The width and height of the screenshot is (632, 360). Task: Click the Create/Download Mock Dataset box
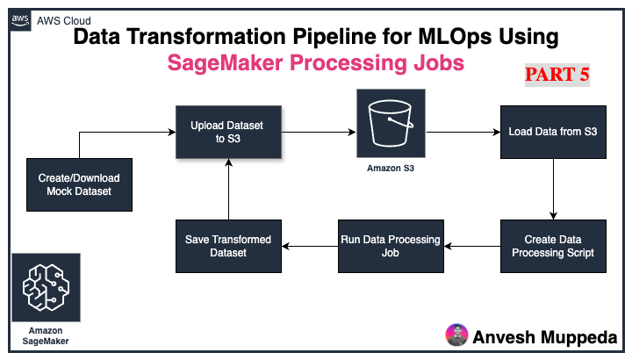(x=79, y=184)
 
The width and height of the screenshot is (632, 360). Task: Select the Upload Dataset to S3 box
(x=229, y=133)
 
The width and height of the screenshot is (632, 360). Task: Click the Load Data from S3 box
(x=552, y=133)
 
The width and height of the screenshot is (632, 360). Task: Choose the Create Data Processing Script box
(x=552, y=246)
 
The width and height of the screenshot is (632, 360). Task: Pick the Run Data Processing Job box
(x=390, y=246)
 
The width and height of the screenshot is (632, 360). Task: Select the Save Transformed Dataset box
(x=228, y=246)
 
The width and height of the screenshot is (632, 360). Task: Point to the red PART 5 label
(x=557, y=75)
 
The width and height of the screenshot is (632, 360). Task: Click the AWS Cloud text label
(x=66, y=20)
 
